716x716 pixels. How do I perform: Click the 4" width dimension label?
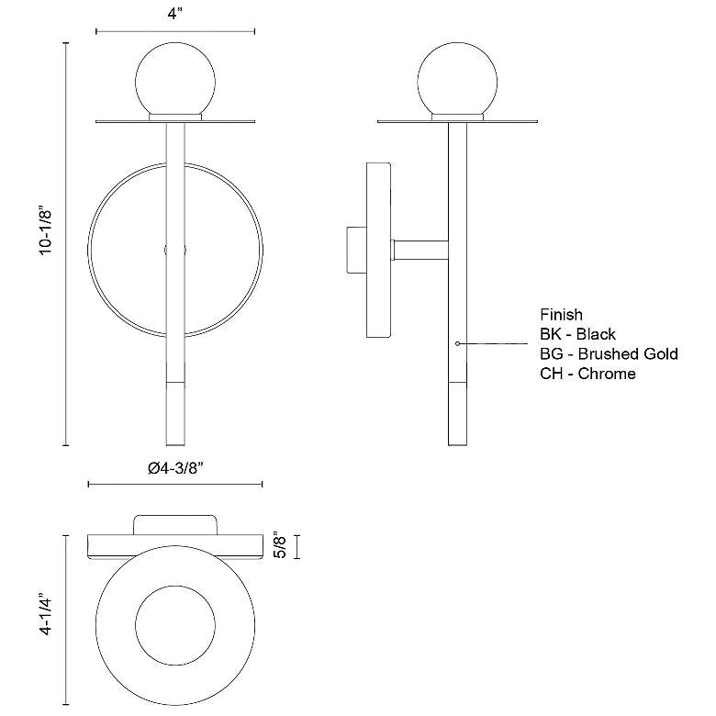[175, 14]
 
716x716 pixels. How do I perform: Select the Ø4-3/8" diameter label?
[175, 468]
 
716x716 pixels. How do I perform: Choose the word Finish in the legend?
[561, 314]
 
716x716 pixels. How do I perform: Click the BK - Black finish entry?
[577, 334]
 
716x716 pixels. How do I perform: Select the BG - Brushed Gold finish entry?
[609, 353]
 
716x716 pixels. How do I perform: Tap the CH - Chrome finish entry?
[587, 373]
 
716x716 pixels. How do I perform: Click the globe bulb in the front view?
[175, 80]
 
